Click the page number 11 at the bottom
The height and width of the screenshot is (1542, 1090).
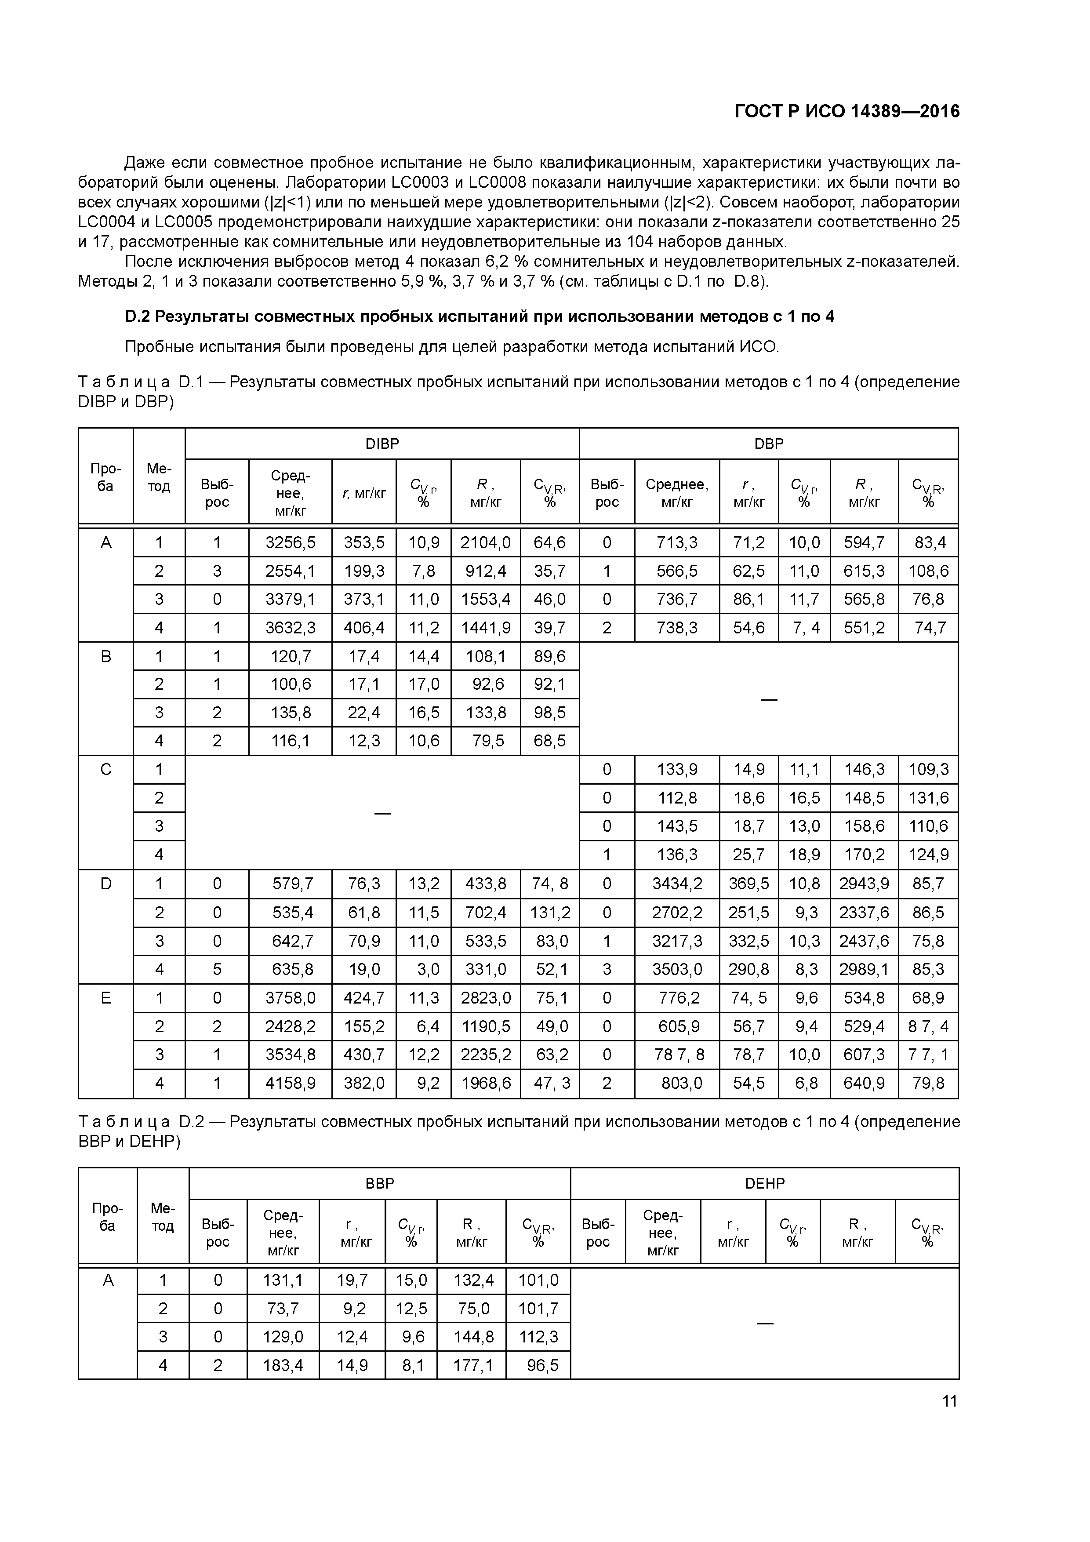click(x=949, y=1401)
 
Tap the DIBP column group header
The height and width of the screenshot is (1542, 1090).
click(x=381, y=444)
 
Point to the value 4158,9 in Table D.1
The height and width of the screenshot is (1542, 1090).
click(x=290, y=1083)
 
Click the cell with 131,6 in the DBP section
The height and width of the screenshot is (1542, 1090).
click(x=928, y=798)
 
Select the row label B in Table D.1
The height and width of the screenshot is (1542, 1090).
click(x=105, y=656)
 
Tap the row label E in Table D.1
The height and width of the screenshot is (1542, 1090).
click(x=105, y=998)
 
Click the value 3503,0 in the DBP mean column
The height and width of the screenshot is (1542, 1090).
click(x=677, y=969)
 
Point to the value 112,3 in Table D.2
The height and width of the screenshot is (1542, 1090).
click(x=538, y=1336)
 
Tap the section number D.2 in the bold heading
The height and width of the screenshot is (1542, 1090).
click(x=138, y=316)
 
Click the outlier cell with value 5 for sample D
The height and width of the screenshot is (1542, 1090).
click(x=217, y=969)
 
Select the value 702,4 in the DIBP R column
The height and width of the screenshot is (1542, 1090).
click(x=486, y=913)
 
